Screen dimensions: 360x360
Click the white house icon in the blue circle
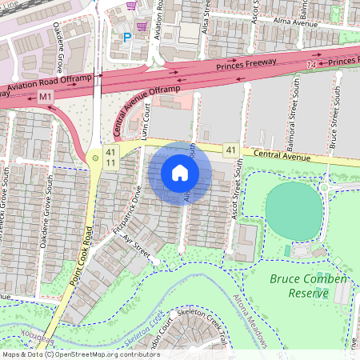(x=180, y=173)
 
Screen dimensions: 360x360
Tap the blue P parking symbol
(x=126, y=37)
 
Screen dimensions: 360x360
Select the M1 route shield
(x=46, y=97)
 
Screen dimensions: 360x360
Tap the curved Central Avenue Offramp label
(x=154, y=101)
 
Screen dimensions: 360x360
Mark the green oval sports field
(x=294, y=210)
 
